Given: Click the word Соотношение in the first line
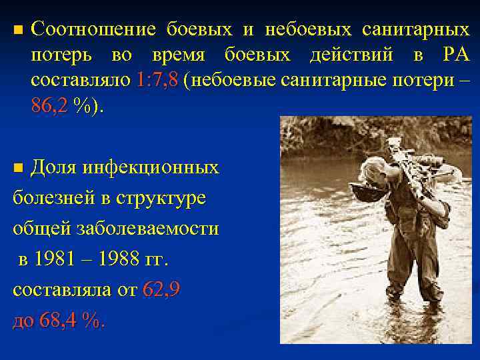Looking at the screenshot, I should [x=93, y=30].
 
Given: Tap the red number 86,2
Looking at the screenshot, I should [x=49, y=106].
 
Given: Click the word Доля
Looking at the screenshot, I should [x=54, y=167].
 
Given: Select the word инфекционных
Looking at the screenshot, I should [x=151, y=167].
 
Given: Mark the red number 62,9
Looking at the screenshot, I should [x=161, y=290].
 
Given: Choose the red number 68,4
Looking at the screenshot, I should [x=61, y=321].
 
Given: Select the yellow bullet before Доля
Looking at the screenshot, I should [x=18, y=167].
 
